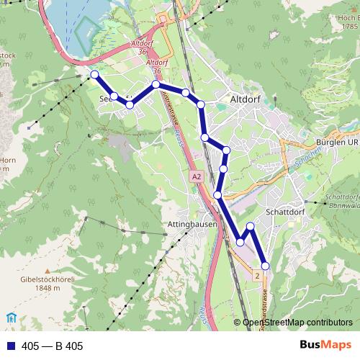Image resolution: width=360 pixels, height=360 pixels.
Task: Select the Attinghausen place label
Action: pos(192,225)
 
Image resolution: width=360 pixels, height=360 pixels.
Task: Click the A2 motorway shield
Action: pos(197,176)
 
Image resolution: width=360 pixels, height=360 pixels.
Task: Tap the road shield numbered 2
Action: pos(257,275)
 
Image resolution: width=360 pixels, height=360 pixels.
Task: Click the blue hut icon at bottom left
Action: pos(10,318)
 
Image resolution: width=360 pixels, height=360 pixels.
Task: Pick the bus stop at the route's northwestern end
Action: pos(94,74)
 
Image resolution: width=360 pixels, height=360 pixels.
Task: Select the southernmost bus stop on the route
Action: pos(265,266)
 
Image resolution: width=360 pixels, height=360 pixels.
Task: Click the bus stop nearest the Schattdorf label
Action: pos(251,227)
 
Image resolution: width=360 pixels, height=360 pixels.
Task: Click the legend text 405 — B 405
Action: pos(53,346)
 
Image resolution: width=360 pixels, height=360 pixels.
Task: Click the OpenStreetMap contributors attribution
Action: pos(297,323)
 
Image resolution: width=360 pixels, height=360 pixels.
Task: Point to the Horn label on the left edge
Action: pos(7,160)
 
